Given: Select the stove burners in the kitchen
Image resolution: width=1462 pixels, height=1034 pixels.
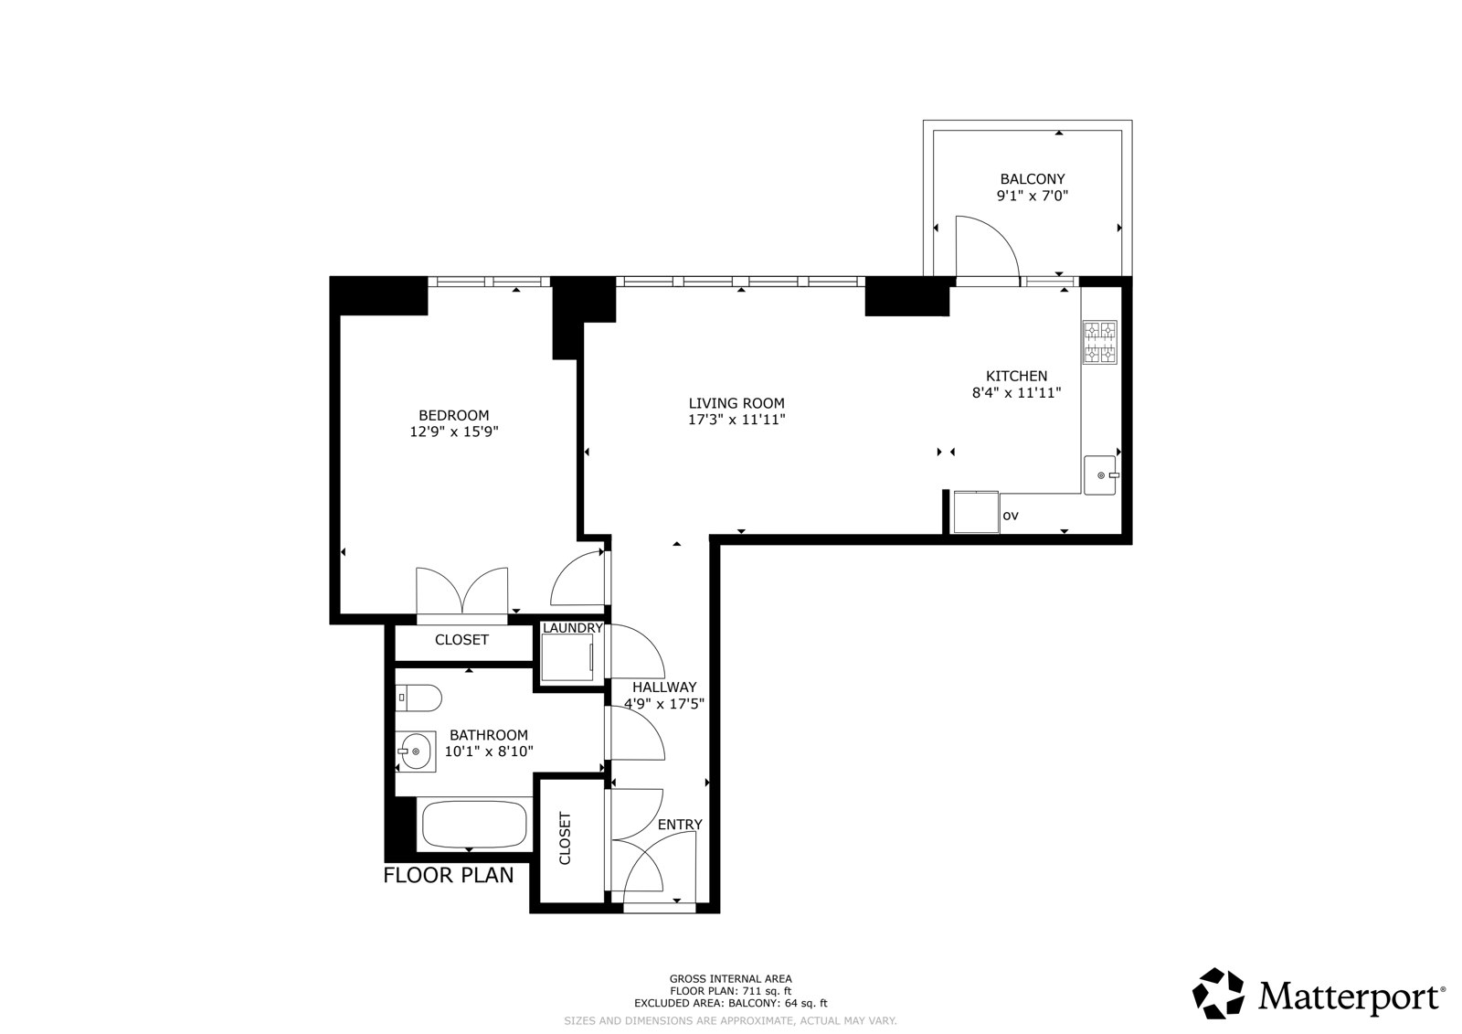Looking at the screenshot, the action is tap(1100, 342).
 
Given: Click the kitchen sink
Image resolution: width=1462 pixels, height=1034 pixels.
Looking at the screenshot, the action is tap(1100, 474).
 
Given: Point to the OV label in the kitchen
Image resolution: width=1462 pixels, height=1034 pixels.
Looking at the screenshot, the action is tap(1011, 516).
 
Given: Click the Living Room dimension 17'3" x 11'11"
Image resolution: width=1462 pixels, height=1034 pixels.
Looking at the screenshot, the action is tap(736, 420).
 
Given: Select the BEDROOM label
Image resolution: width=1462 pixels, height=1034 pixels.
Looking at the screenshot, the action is tap(453, 415).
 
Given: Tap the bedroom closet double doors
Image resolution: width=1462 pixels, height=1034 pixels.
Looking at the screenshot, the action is tap(462, 592).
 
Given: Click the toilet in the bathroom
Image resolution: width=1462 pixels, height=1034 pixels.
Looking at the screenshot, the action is tap(418, 698).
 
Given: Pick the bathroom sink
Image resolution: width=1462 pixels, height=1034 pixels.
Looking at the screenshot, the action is tap(415, 752).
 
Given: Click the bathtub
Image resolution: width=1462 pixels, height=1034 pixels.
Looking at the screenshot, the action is tap(474, 825).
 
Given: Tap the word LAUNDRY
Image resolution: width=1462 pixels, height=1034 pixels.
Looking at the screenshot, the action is tap(572, 628).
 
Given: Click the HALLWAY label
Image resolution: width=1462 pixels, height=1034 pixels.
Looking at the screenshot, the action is tap(664, 688).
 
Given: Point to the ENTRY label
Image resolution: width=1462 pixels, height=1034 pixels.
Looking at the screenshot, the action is tap(680, 825).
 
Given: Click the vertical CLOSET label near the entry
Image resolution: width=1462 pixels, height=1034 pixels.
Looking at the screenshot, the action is tap(566, 838).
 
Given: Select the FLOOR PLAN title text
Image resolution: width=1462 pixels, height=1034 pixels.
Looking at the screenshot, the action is tap(449, 875).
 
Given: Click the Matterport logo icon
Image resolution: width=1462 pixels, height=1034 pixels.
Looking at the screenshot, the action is tap(1218, 994).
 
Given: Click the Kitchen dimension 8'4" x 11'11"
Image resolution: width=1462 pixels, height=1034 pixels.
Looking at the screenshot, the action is tap(1017, 392).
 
